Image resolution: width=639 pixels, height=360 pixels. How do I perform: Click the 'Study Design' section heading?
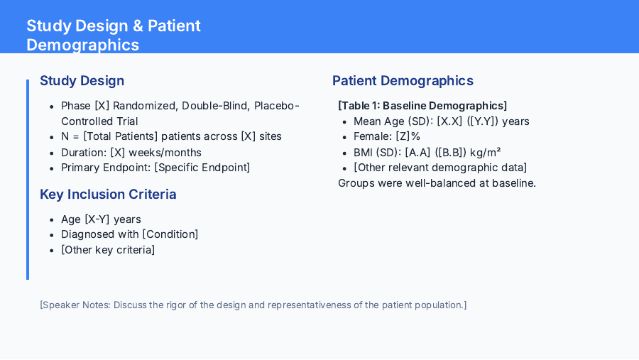coord(82,81)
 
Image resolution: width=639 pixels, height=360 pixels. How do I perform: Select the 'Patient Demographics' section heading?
coord(403,81)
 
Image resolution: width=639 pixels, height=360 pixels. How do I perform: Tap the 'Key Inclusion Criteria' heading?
coord(108,195)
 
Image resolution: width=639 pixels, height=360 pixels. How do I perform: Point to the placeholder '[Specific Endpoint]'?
coord(202,168)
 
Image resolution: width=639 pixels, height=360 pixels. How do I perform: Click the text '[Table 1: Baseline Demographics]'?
coord(422,106)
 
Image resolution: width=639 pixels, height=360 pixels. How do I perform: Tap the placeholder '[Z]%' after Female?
coord(408,136)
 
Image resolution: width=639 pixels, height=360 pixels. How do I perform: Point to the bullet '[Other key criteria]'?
coord(108,250)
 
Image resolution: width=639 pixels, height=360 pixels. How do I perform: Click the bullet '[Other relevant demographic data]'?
coord(440,168)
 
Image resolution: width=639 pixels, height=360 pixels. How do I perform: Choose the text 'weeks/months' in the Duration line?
coord(170,152)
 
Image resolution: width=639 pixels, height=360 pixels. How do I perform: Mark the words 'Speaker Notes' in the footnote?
coord(75,305)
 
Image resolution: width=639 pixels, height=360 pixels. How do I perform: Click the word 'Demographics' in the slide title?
coord(82,45)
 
